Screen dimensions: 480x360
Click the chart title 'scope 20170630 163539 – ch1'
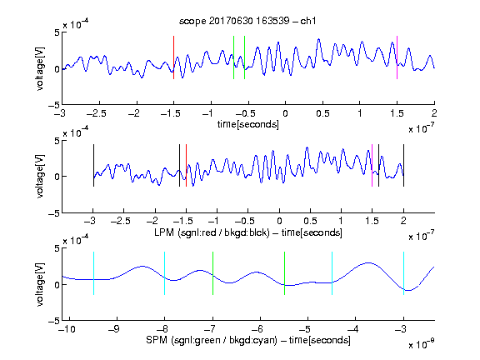pos(247,21)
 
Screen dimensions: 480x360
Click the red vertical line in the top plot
pos(173,57)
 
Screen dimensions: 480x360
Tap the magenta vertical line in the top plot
pos(397,57)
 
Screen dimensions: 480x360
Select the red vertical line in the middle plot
pos(186,165)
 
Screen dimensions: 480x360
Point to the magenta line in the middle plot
pos(372,165)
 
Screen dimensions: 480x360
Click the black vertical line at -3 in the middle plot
pos(93,165)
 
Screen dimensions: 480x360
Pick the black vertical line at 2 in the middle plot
pos(403,165)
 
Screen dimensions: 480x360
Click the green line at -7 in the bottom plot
pos(212,273)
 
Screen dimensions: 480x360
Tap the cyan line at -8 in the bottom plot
pos(165,273)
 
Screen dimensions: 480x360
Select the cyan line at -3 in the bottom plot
pos(403,273)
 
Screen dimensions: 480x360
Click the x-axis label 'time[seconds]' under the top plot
pos(248,124)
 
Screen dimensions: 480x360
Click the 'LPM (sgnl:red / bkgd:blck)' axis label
pos(212,232)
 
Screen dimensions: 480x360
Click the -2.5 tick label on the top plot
pos(96,113)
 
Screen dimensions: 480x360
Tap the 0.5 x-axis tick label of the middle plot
pos(310,221)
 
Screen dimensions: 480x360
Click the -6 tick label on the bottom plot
pos(257,329)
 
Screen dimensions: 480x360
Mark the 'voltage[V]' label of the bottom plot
pos(40,285)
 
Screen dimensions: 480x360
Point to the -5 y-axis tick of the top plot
pos(54,105)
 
